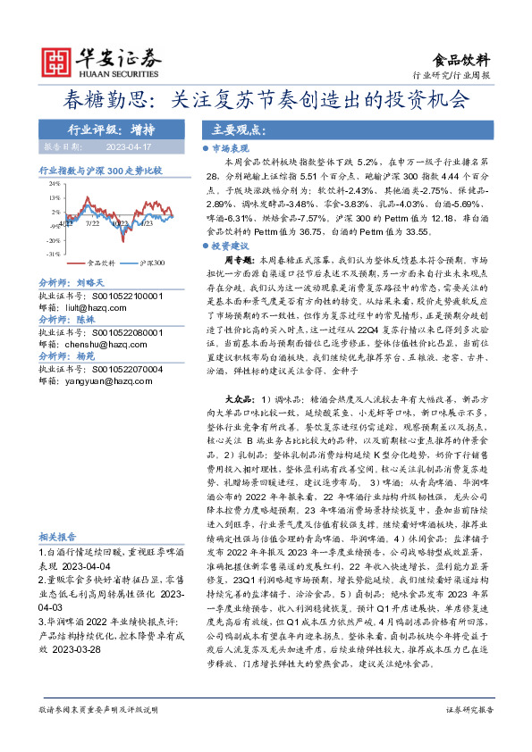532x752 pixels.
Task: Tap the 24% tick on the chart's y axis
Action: click(x=55, y=181)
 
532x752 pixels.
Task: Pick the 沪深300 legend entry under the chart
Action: click(x=152, y=263)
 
